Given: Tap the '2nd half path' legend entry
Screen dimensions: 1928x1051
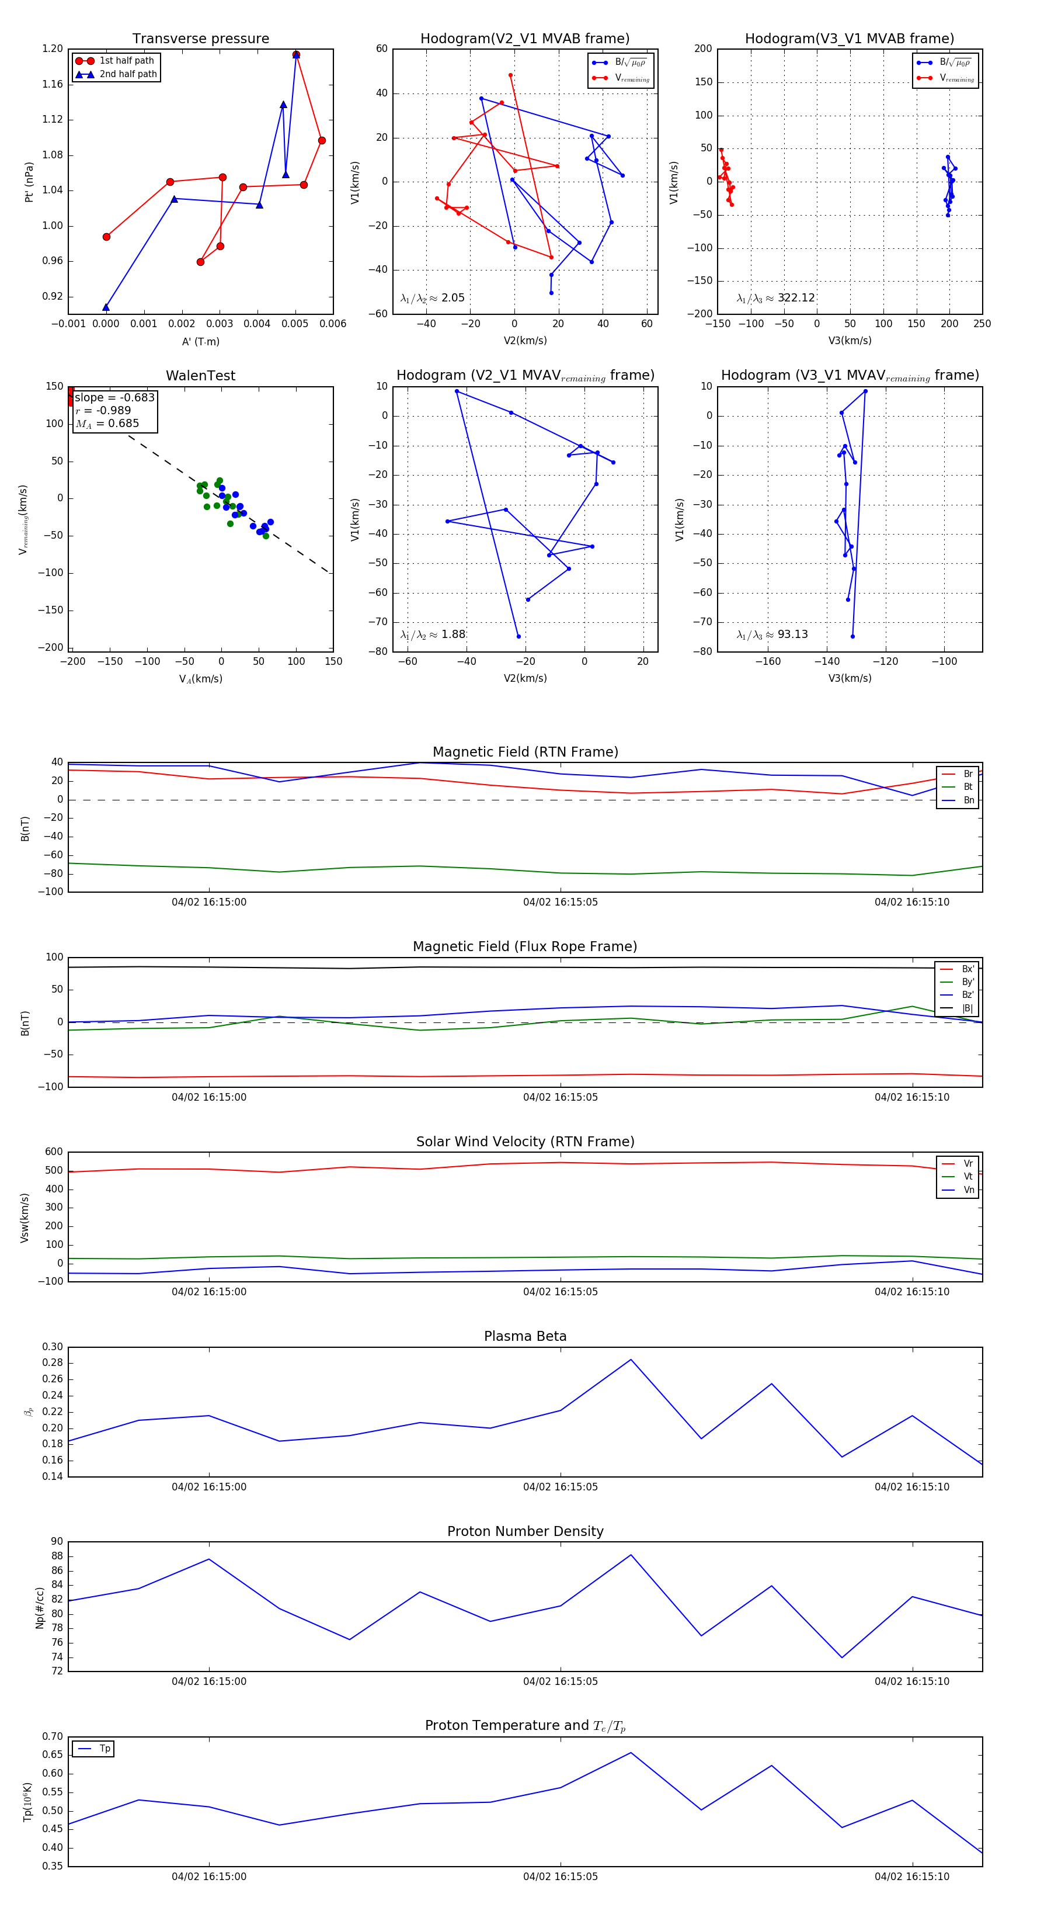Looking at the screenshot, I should click(128, 74).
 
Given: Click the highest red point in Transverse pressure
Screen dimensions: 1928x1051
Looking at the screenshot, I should click(296, 55).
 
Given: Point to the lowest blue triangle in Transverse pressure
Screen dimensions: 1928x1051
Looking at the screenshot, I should click(106, 307).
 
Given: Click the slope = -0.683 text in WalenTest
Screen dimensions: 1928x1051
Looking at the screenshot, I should click(114, 397).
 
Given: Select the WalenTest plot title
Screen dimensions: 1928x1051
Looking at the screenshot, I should click(200, 376).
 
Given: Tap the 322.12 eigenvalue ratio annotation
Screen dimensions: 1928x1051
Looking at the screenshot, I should click(796, 298).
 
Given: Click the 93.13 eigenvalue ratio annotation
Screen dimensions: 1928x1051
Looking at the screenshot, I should click(792, 634).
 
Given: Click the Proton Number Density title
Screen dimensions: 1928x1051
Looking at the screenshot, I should click(525, 1531).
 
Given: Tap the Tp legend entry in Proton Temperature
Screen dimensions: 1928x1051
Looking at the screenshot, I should click(105, 1749).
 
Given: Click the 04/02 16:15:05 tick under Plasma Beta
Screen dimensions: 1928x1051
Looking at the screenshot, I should click(561, 1486).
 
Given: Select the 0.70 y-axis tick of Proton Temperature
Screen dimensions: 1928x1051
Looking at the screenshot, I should click(53, 1736).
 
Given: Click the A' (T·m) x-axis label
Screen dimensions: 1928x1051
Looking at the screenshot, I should click(200, 342).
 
